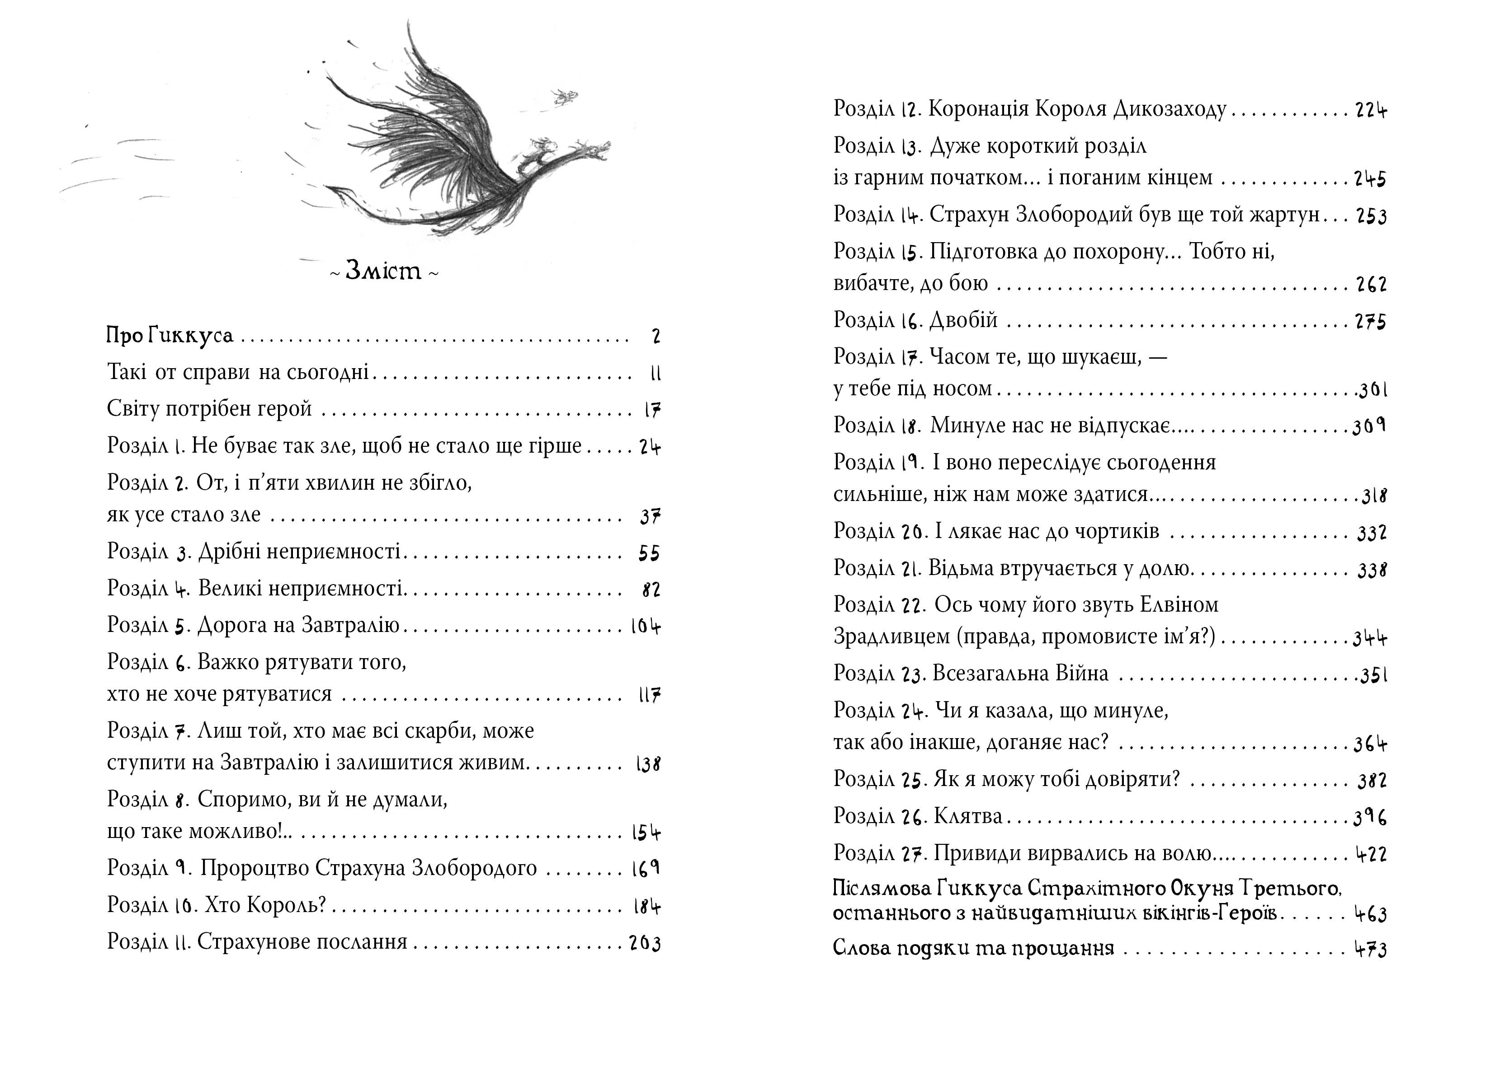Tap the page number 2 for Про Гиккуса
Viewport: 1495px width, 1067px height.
coord(656,337)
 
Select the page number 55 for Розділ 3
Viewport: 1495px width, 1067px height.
coord(649,553)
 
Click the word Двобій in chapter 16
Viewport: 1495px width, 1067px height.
coord(964,320)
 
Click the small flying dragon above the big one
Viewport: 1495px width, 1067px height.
coord(564,98)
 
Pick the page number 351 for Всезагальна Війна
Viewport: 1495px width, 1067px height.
coord(1373,675)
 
